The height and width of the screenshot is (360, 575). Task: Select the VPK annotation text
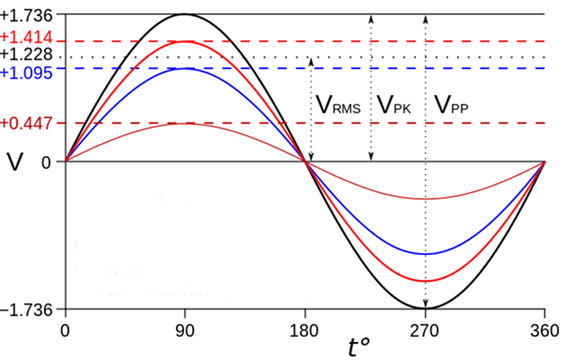point(394,106)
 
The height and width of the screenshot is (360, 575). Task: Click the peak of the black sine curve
point(185,14)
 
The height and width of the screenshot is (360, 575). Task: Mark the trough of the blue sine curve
point(425,254)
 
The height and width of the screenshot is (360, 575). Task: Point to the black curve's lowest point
point(426,308)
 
